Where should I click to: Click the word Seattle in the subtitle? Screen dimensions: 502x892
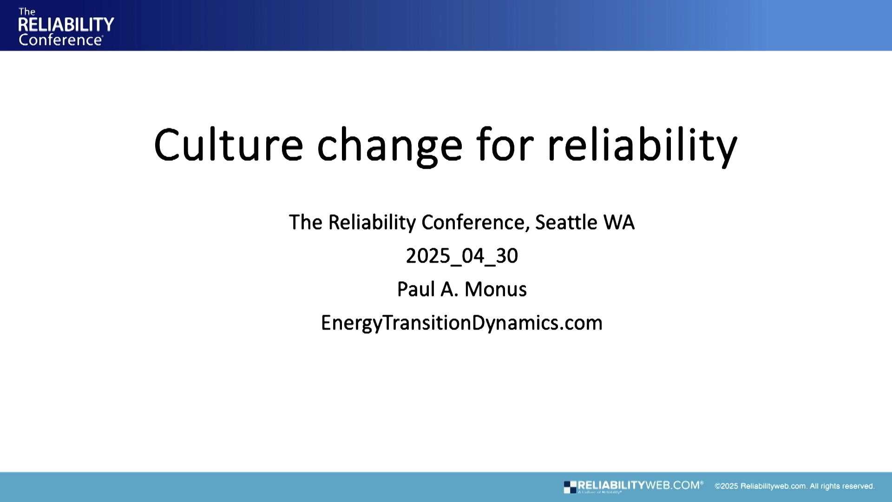point(566,222)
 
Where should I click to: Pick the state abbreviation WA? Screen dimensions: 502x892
point(618,222)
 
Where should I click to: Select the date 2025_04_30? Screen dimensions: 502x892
point(462,256)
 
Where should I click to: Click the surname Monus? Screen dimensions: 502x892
point(495,289)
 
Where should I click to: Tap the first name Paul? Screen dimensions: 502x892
point(416,289)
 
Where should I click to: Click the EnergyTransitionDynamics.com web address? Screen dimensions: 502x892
point(462,323)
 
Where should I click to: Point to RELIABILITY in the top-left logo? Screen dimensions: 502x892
point(66,25)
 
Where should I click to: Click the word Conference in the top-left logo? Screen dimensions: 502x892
point(60,40)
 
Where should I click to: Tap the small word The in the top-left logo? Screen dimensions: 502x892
point(26,12)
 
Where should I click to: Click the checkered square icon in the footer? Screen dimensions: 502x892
point(570,487)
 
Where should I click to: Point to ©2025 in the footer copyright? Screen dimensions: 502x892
point(726,486)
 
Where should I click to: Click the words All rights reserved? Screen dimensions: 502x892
point(842,486)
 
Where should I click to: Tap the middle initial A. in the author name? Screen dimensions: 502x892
point(449,289)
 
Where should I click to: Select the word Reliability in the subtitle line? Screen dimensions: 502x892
point(372,222)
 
